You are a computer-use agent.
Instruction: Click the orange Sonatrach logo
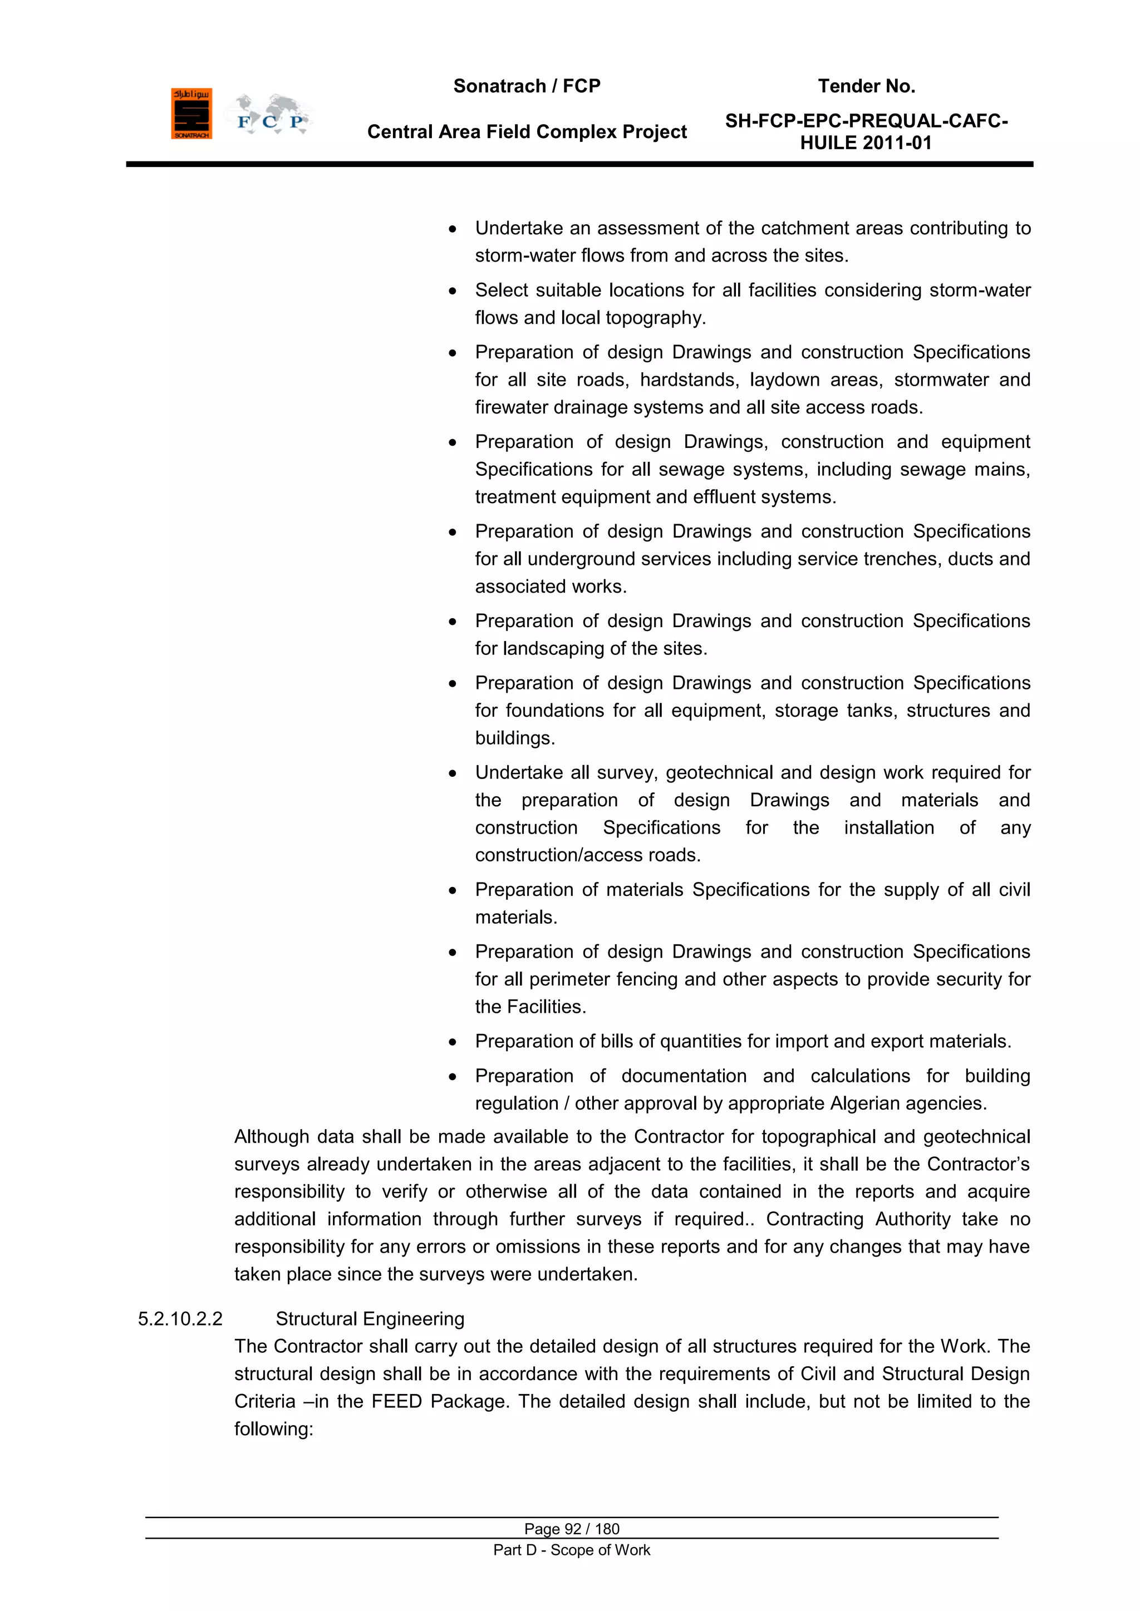pos(191,114)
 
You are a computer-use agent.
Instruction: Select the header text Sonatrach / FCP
pos(527,86)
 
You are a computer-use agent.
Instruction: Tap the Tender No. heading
pos(866,86)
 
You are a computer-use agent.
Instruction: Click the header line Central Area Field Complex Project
pos(527,132)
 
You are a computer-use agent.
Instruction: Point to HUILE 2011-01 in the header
pos(866,143)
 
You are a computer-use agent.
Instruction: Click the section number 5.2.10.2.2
pos(180,1319)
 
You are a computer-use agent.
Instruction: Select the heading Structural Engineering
pos(370,1319)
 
